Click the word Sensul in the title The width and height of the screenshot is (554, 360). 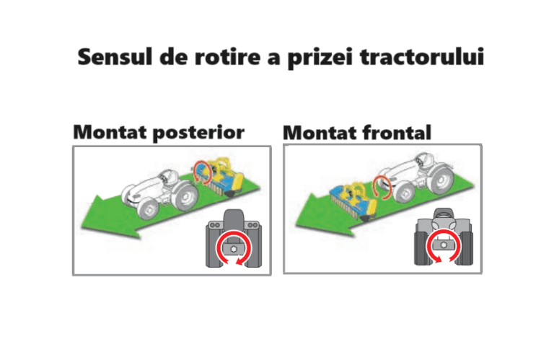pos(115,57)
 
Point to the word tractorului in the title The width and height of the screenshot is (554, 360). pos(422,57)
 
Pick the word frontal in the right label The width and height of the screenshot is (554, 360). pos(397,133)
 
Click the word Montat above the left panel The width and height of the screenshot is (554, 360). pos(110,132)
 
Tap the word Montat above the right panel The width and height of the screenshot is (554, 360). pos(320,133)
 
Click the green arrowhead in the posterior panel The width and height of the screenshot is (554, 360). pos(106,220)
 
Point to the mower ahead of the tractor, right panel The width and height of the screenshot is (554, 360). pos(354,200)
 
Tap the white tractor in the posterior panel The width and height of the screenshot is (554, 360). pos(159,193)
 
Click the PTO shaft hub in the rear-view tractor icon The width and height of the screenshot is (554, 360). pos(234,249)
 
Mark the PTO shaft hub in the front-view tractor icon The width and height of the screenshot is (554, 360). pos(444,245)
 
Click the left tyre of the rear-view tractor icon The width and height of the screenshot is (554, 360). pos(213,247)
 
